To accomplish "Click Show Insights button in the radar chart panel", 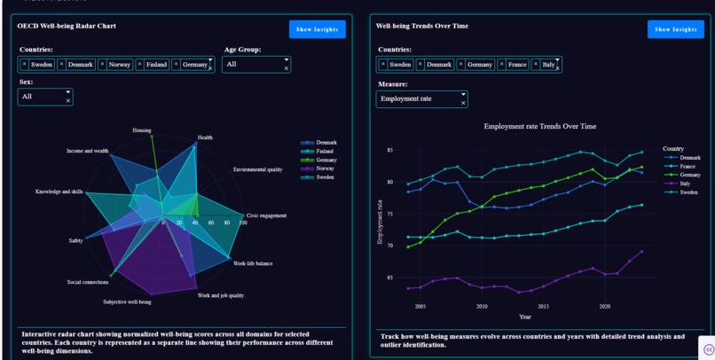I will click(317, 29).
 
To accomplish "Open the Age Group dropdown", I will click(255, 65).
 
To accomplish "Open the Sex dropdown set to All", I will click(44, 97).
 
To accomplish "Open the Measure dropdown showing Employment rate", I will click(420, 99).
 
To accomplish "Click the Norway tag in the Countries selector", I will click(117, 65).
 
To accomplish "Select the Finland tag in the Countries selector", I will click(155, 65).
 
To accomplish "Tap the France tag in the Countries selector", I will click(515, 65).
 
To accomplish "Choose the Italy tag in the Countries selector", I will click(547, 65).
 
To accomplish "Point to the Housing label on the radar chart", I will click(142, 130).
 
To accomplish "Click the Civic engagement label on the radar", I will click(266, 215).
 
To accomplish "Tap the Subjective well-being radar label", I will click(127, 302).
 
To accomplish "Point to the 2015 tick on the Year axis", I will click(543, 307).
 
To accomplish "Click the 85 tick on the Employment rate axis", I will click(389, 150).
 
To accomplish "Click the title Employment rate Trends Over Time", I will click(539, 127).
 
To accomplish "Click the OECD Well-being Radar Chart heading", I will click(67, 27).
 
